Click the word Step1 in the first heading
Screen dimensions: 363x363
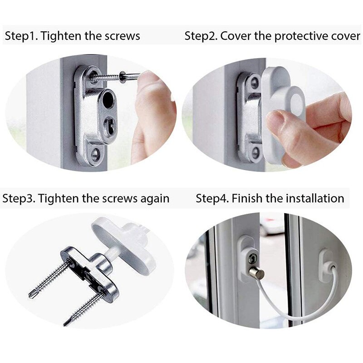coord(21,36)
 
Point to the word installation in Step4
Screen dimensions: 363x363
coord(315,199)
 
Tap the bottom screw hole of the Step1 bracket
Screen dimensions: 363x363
coord(95,153)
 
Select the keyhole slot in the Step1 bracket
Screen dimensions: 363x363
coord(109,125)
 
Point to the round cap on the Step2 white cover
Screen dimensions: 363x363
coord(297,104)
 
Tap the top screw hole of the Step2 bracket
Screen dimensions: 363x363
coord(255,83)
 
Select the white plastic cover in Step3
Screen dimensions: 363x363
coord(124,245)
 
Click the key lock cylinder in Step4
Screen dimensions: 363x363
coord(252,259)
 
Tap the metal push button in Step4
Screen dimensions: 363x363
coord(256,273)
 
